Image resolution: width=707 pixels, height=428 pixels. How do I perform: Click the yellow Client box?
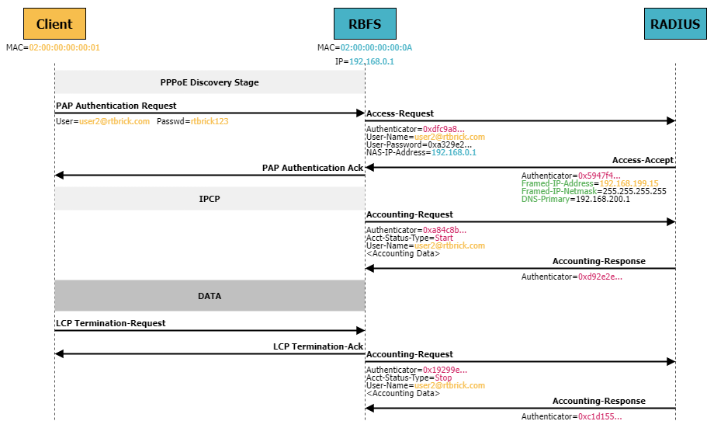54,24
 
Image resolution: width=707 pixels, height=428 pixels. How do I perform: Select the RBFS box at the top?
365,24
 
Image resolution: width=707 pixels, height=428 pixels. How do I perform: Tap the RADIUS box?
675,24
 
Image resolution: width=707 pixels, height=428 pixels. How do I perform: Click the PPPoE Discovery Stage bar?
210,82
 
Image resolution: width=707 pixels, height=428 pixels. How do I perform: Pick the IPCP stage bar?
210,199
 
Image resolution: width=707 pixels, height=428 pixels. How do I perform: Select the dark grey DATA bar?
210,296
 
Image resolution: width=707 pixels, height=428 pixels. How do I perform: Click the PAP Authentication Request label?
116,106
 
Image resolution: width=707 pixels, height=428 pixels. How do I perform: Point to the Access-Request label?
400,113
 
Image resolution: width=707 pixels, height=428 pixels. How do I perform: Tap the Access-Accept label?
643,160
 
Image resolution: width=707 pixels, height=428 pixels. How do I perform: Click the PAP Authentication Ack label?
313,168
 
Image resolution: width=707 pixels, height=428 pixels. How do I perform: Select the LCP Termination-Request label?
111,323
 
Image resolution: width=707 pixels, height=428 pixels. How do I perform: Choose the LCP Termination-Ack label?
318,346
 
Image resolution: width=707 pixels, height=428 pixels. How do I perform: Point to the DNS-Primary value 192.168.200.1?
601,199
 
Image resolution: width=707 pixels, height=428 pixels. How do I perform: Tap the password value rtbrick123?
210,122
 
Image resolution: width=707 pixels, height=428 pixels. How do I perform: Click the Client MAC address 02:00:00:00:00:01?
64,47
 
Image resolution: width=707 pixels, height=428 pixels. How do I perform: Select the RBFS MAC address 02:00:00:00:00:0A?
376,47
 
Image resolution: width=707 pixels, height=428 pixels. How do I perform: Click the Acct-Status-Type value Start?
444,238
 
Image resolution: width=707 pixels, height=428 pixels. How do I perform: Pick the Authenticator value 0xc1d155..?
600,416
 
